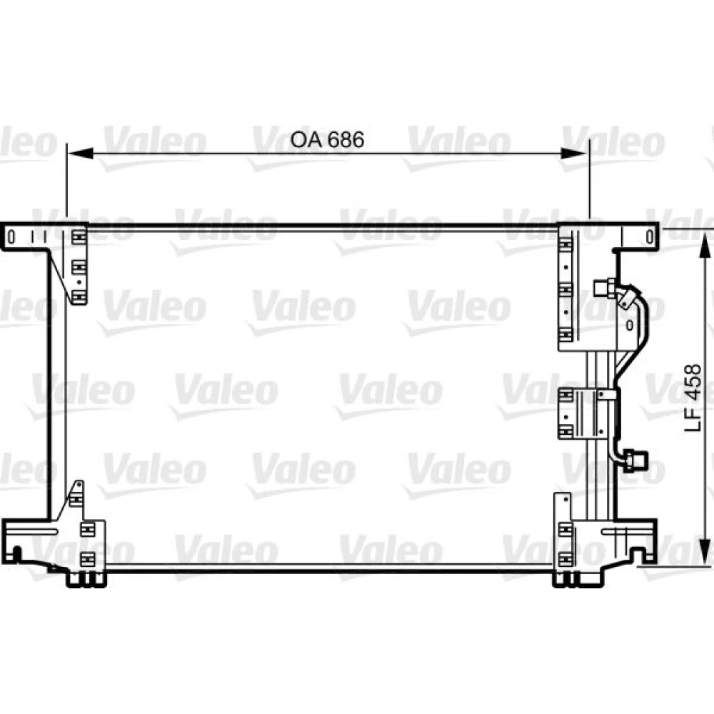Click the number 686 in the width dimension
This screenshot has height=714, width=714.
point(346,140)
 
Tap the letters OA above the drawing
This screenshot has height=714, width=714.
point(306,140)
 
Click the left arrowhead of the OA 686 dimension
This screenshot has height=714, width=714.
point(80,154)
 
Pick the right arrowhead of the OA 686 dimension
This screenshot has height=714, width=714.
point(574,154)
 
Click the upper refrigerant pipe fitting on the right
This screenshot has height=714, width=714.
point(604,288)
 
